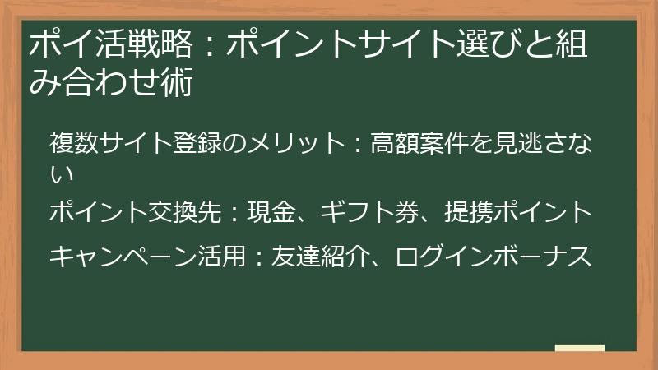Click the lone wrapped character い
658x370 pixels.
[62, 173]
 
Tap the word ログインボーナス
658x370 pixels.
[493, 257]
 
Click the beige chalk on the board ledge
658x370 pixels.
[580, 348]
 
